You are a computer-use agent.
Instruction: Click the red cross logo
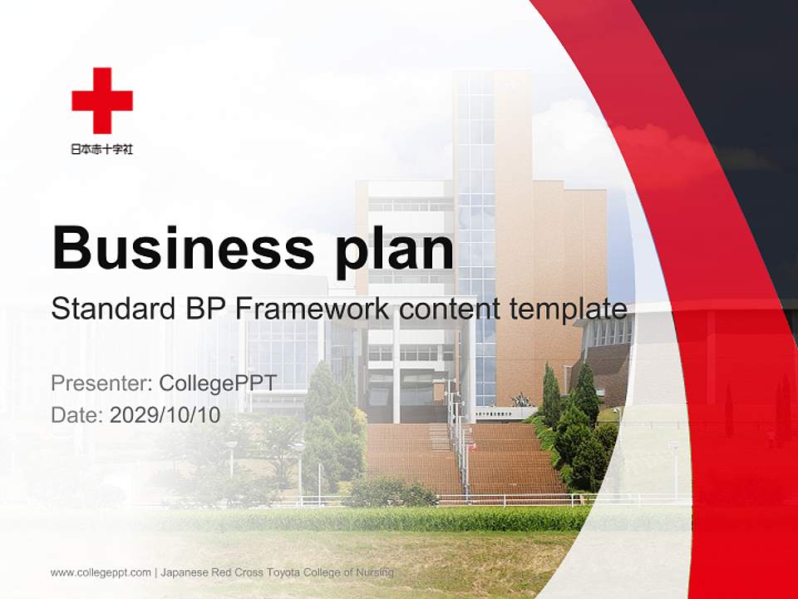click(102, 101)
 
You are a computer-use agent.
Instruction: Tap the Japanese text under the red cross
click(102, 150)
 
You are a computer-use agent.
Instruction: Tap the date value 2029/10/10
click(165, 414)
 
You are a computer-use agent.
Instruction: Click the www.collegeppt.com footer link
click(101, 572)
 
